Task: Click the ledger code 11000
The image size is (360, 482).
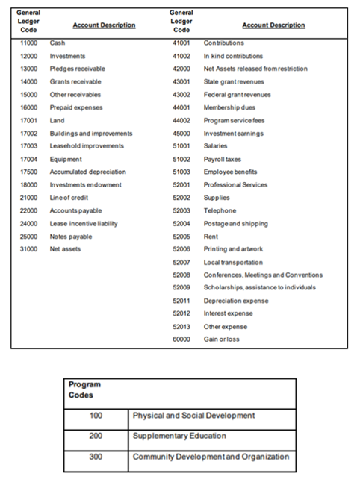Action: pyautogui.click(x=28, y=43)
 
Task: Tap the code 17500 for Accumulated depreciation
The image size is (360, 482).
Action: pyautogui.click(x=28, y=172)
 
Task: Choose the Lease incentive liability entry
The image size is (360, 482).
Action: pyautogui.click(x=81, y=223)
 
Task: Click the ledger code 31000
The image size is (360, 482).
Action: pyautogui.click(x=28, y=248)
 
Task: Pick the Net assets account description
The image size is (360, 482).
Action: pyautogui.click(x=65, y=248)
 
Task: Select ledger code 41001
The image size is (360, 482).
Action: pyautogui.click(x=182, y=43)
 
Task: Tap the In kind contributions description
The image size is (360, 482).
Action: pyautogui.click(x=233, y=56)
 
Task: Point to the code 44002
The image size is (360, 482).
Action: pyautogui.click(x=182, y=120)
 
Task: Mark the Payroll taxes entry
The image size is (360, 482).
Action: pyautogui.click(x=223, y=159)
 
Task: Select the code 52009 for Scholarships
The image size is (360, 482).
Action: pyautogui.click(x=182, y=287)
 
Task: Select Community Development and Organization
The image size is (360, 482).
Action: pyautogui.click(x=211, y=457)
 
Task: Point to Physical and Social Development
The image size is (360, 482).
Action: pyautogui.click(x=194, y=415)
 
